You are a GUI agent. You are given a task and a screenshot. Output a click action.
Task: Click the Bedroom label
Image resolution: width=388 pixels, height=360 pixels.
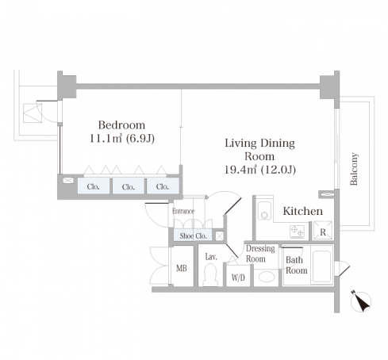(x=121, y=125)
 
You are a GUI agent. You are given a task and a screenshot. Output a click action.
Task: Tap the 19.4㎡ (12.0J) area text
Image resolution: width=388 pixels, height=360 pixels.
(x=260, y=170)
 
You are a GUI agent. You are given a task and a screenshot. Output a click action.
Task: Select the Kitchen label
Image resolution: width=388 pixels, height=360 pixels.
(x=303, y=211)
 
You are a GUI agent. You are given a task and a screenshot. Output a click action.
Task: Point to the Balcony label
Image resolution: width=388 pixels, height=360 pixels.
(x=354, y=169)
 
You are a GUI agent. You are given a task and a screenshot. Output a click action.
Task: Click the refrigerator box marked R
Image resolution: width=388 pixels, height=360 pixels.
(x=323, y=230)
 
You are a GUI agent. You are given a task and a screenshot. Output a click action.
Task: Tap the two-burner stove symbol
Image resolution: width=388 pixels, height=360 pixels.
(x=297, y=232)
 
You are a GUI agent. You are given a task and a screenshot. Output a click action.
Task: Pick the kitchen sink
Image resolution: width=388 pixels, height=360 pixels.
(x=264, y=211)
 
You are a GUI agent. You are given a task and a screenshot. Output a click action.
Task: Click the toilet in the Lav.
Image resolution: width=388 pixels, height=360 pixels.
(x=210, y=275)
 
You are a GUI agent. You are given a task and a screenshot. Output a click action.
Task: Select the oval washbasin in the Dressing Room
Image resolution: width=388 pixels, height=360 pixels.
(x=266, y=277)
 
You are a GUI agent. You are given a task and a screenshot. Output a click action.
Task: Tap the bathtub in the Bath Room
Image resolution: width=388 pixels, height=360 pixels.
(x=321, y=266)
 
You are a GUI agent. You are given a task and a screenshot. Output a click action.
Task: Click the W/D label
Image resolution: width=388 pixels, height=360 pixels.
(x=238, y=278)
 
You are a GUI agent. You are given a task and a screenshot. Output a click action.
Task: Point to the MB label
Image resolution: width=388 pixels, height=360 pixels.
(x=182, y=268)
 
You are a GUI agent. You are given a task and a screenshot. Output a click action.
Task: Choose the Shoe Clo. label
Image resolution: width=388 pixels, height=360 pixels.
(x=193, y=236)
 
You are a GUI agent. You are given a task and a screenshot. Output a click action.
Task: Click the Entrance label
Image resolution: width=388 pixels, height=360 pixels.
(x=183, y=211)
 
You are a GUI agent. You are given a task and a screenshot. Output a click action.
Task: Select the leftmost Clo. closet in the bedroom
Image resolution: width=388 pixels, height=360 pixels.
(x=93, y=186)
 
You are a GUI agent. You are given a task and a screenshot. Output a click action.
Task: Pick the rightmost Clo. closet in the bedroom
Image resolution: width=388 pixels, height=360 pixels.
(x=163, y=186)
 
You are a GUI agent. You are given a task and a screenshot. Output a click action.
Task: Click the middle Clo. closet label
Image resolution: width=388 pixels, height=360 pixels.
(x=129, y=187)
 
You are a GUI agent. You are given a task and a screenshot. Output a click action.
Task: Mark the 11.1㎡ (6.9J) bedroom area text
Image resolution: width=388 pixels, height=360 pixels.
(x=122, y=139)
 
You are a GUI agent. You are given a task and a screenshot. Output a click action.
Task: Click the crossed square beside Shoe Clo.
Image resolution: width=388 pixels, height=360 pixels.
(x=219, y=236)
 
